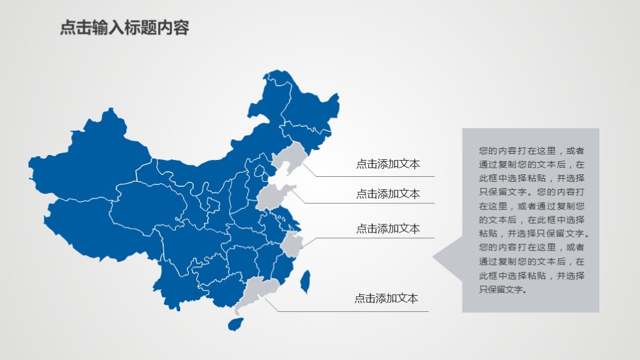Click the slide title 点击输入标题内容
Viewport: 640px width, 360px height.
(x=124, y=28)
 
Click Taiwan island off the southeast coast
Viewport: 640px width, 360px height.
(x=306, y=281)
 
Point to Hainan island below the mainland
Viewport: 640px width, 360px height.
(x=235, y=324)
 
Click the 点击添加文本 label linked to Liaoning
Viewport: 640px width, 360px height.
(x=387, y=164)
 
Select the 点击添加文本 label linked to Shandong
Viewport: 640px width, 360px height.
(x=387, y=194)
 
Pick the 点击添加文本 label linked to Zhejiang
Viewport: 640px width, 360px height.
(x=387, y=229)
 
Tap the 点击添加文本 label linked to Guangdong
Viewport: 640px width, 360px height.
(x=386, y=299)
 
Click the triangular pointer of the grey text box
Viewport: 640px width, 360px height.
(x=447, y=257)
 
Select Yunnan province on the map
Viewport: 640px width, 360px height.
(x=175, y=275)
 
